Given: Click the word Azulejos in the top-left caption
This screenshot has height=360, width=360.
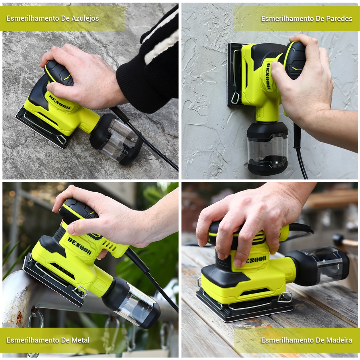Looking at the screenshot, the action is (85, 19).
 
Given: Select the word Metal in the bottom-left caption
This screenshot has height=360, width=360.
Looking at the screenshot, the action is (81, 340).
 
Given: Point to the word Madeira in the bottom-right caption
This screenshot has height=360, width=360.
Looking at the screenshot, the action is (339, 340).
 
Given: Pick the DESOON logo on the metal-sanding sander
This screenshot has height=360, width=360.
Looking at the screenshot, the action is (79, 246).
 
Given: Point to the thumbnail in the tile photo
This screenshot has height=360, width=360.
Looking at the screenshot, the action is (49, 86).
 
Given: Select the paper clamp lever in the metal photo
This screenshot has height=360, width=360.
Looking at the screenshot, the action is (81, 291).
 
